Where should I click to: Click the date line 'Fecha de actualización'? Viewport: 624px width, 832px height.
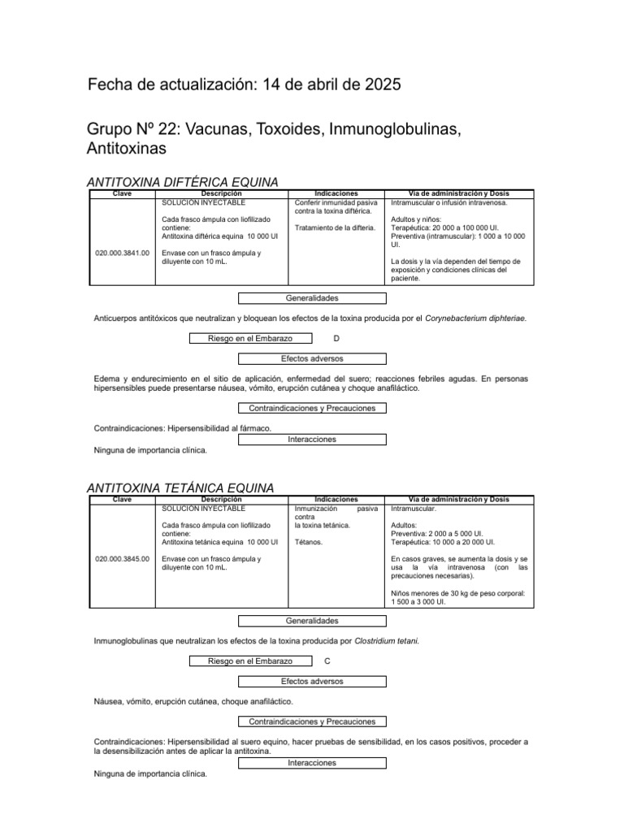[x=243, y=85]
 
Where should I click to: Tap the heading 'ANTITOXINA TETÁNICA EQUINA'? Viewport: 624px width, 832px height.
[x=180, y=487]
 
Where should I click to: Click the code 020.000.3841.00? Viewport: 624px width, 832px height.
[x=122, y=253]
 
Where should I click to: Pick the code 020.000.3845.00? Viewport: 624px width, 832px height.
[x=122, y=559]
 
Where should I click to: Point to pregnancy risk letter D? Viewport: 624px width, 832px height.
[x=336, y=338]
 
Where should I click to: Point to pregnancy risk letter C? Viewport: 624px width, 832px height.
[x=327, y=661]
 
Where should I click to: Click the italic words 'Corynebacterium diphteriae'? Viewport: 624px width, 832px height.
[x=475, y=318]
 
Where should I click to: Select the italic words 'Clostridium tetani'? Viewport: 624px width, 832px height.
[x=387, y=641]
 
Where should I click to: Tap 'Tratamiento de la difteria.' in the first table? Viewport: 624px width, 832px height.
[x=335, y=227]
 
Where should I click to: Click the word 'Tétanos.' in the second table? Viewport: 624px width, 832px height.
[x=308, y=542]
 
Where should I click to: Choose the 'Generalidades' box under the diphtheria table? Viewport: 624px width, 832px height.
[x=312, y=298]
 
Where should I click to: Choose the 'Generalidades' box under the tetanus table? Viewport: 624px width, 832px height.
[x=312, y=621]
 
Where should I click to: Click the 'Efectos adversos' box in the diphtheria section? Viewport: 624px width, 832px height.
[x=312, y=358]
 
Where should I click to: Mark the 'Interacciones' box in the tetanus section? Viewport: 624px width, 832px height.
[x=312, y=763]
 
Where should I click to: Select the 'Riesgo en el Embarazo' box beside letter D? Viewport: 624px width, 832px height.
[x=250, y=338]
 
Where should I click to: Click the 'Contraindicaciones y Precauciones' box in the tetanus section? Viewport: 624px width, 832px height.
[x=312, y=721]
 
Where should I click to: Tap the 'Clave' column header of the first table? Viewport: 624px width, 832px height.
[x=122, y=193]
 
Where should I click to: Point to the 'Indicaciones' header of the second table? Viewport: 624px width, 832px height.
[x=336, y=500]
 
